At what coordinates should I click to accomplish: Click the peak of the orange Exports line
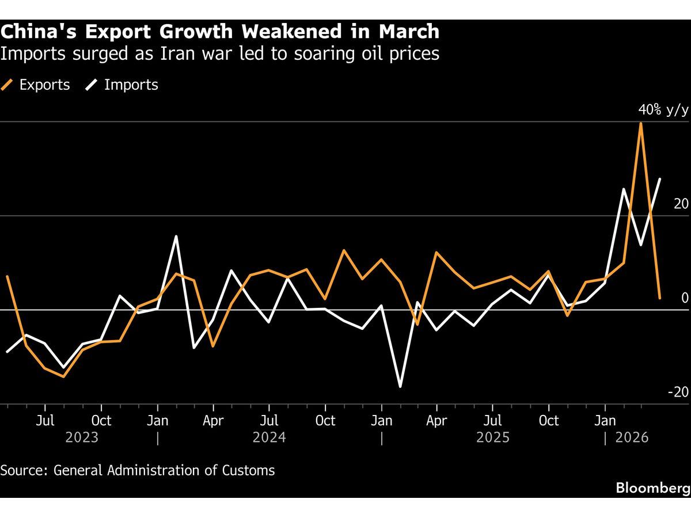(x=641, y=123)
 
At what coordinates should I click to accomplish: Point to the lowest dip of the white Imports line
(x=400, y=386)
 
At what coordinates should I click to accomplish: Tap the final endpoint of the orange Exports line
(x=660, y=298)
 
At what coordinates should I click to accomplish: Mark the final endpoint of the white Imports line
(x=660, y=179)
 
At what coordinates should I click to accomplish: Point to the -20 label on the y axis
(x=678, y=392)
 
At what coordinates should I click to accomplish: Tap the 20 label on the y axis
(x=681, y=204)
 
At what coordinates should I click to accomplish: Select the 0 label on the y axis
(x=685, y=298)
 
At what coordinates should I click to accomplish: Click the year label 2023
(x=82, y=438)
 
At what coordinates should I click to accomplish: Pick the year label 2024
(x=269, y=438)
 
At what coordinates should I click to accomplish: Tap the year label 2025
(x=493, y=438)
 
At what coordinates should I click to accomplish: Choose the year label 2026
(x=632, y=438)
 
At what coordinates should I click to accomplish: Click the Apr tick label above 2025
(x=436, y=421)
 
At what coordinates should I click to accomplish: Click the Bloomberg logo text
(x=652, y=488)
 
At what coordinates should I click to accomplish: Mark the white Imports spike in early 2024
(x=176, y=236)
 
